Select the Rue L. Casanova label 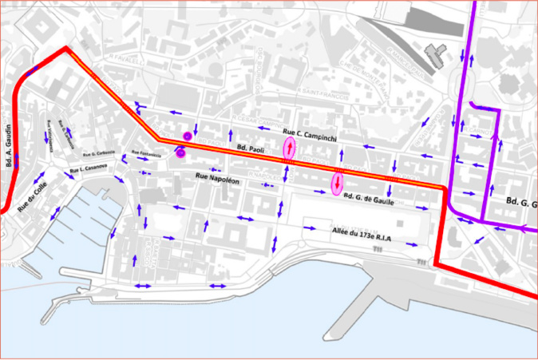coord(87,169)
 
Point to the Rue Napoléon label coord(218,181)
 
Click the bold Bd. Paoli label coord(251,148)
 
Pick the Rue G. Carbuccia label coord(99,152)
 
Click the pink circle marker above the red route coord(188,136)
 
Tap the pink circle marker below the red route coord(181,152)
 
